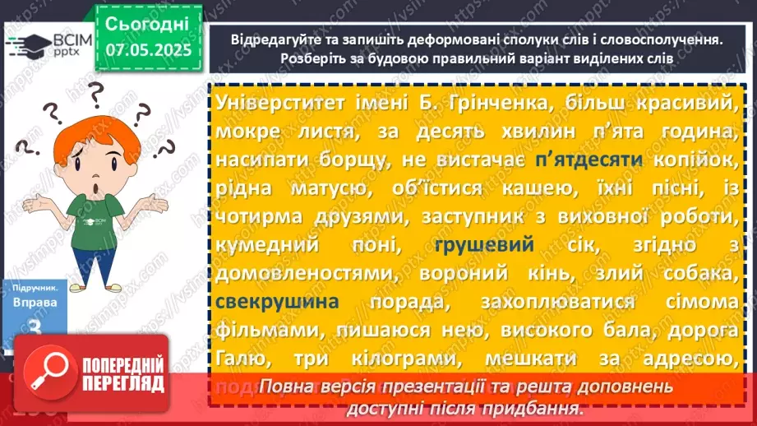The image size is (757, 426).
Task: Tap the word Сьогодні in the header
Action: point(147,22)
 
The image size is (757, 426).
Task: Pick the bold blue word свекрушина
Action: point(279,302)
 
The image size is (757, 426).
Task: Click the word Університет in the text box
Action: point(280,103)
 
